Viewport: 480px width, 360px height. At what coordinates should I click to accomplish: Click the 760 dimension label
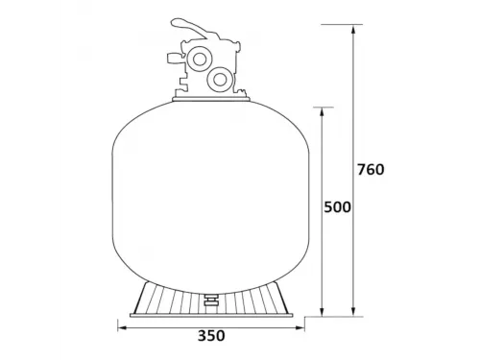pos(370,170)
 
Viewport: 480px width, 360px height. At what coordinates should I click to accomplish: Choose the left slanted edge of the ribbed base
pos(136,298)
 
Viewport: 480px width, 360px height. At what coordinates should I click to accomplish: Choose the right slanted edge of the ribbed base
pos(287,298)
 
